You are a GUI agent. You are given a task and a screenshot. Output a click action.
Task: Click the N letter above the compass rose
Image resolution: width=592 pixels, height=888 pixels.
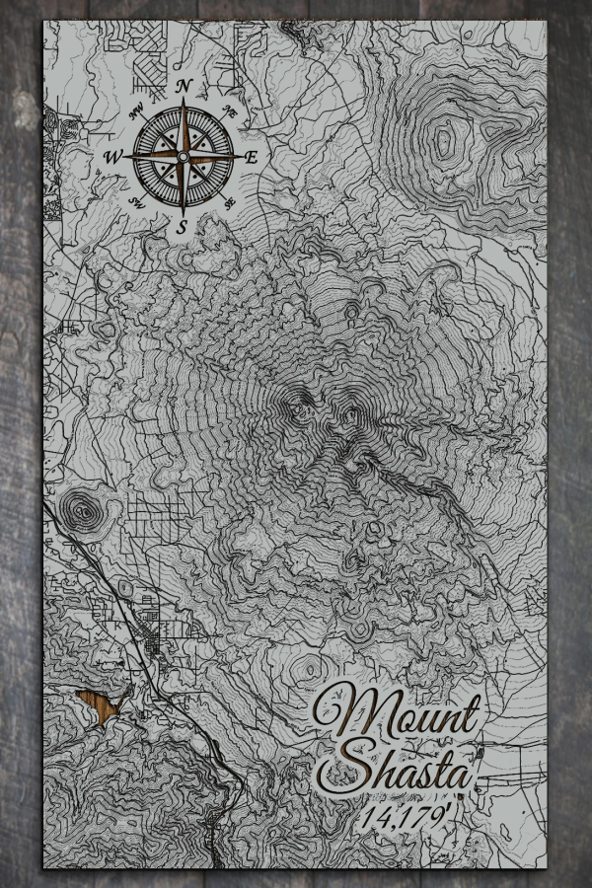click(x=183, y=87)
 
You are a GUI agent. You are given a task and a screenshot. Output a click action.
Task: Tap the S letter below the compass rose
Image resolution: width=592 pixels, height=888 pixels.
click(x=182, y=227)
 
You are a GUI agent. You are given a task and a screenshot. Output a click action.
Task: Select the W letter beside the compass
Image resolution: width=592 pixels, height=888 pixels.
click(x=112, y=157)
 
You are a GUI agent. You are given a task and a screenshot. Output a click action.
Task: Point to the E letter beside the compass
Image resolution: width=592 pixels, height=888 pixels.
click(x=252, y=157)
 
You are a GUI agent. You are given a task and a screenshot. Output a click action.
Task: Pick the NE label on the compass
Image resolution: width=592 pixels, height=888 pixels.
click(x=230, y=110)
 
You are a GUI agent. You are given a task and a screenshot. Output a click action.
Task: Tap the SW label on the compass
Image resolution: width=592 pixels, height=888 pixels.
click(x=135, y=203)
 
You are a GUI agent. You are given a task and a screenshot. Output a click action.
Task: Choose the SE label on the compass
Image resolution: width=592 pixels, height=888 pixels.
click(x=230, y=203)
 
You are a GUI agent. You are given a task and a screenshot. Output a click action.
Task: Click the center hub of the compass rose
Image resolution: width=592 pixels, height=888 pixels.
click(x=183, y=156)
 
